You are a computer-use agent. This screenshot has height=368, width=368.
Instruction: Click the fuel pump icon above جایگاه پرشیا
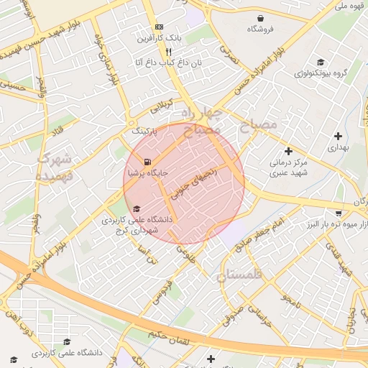coord(147,162)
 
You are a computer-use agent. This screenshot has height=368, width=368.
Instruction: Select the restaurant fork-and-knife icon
coord(168,52)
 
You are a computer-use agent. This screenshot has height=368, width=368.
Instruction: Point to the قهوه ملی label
coord(350,6)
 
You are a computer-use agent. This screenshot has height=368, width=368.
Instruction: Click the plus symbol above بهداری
coord(337,136)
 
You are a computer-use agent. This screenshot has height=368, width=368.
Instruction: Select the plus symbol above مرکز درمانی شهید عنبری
coord(288,151)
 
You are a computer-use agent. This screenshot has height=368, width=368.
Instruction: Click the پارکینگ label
coord(146,132)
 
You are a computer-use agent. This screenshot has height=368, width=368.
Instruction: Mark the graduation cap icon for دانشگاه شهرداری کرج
coord(137,208)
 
